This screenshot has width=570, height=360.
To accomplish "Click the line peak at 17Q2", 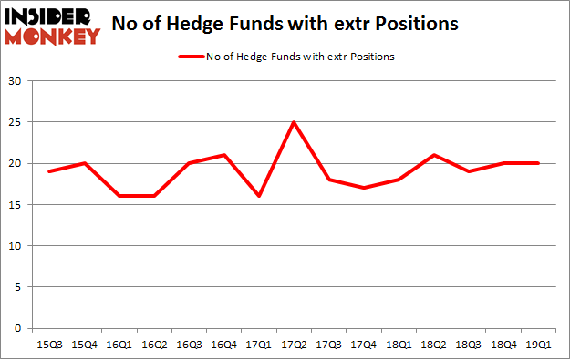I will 294,123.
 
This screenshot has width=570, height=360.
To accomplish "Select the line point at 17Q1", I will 261,196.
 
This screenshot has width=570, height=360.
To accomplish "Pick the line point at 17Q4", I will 364,188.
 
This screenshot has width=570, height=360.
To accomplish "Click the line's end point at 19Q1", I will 538,163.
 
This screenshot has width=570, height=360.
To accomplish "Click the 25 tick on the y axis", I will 19,122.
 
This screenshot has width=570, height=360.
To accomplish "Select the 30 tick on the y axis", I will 19,81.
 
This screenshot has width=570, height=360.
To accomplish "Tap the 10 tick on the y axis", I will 19,246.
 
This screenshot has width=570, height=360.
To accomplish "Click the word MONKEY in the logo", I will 52,36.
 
